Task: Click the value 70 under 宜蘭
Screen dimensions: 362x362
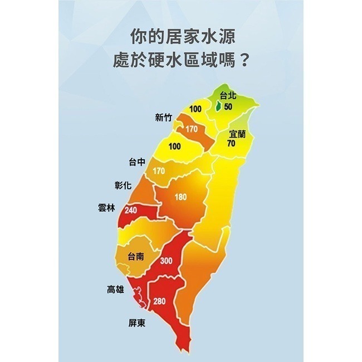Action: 231,143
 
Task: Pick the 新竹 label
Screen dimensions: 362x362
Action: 164,118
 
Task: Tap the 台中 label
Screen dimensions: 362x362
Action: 137,162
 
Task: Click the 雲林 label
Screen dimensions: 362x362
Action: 106,207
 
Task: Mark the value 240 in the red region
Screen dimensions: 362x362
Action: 131,210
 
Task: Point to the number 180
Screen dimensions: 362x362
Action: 180,197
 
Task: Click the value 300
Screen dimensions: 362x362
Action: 166,261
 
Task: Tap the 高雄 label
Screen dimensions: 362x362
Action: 116,289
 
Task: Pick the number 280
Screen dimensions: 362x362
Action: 159,301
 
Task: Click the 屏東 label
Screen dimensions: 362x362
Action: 136,322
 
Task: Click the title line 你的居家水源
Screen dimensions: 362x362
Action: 180,37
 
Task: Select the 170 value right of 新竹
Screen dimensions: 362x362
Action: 192,129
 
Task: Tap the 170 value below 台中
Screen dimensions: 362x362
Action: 158,171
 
